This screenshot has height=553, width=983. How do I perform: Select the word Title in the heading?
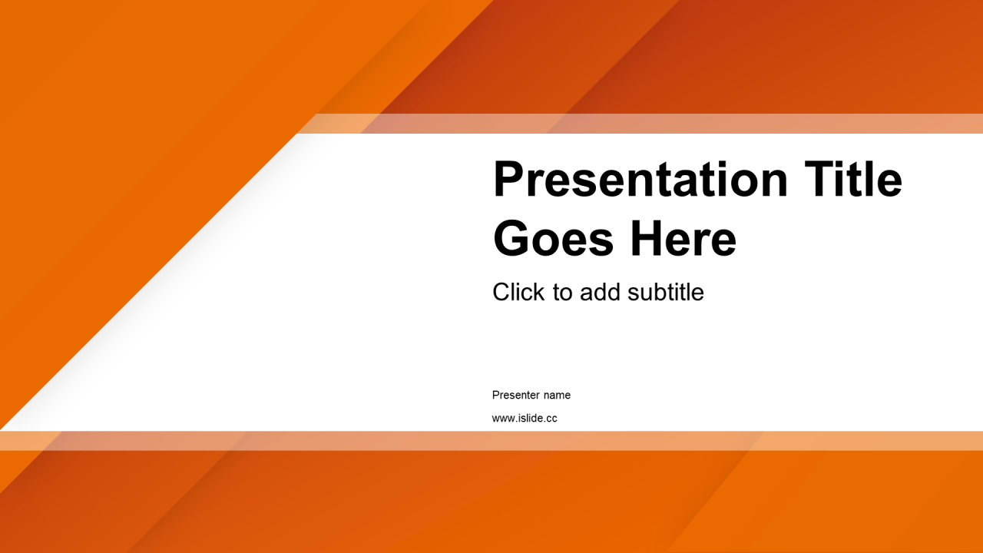pos(853,178)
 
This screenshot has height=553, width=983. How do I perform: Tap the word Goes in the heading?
pos(553,239)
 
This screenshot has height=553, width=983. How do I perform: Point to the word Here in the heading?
pos(683,239)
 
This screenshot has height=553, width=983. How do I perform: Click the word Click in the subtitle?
pos(518,292)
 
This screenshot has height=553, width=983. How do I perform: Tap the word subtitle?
pos(666,292)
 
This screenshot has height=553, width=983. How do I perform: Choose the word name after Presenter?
pos(558,396)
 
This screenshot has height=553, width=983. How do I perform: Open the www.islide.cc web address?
pos(525,419)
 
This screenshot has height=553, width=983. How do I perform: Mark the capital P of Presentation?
pos(508,178)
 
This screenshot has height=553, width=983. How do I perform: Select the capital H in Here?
pos(647,239)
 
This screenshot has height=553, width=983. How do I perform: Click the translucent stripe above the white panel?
pos(640,124)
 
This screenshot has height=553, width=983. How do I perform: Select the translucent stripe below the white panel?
pos(491,441)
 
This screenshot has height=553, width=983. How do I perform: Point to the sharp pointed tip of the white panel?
pos(2,429)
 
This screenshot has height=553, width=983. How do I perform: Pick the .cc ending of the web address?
pos(551,419)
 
